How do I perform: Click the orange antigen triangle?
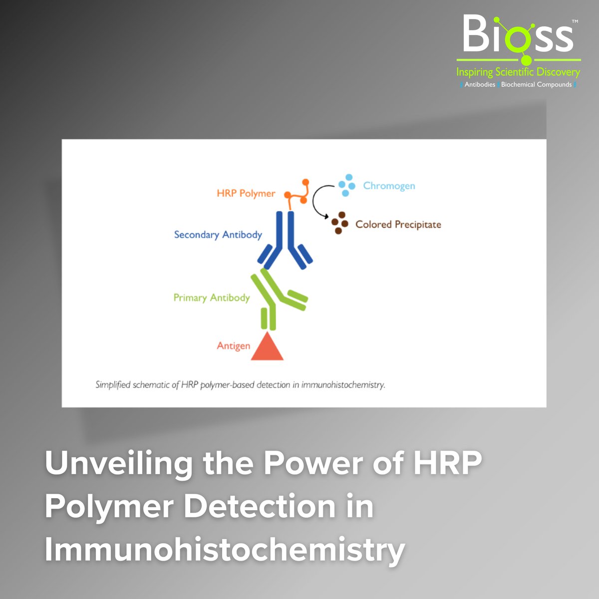coord(267,348)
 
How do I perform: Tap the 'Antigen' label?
coord(233,345)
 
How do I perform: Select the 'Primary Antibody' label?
coord(211,298)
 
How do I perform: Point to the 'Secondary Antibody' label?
coord(218,235)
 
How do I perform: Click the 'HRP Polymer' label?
coord(246,193)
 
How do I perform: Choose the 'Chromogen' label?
coord(389,186)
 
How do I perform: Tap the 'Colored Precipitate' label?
coord(398,225)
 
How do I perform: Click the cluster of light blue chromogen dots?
coord(347,185)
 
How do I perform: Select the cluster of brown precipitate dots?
coord(340,223)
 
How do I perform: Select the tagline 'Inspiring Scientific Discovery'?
coord(518,72)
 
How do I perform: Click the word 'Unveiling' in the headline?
coord(118,463)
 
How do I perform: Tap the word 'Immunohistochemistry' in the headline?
coord(225,549)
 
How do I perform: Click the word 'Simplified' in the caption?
coord(113,385)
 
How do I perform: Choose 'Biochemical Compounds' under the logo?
coord(536,84)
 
